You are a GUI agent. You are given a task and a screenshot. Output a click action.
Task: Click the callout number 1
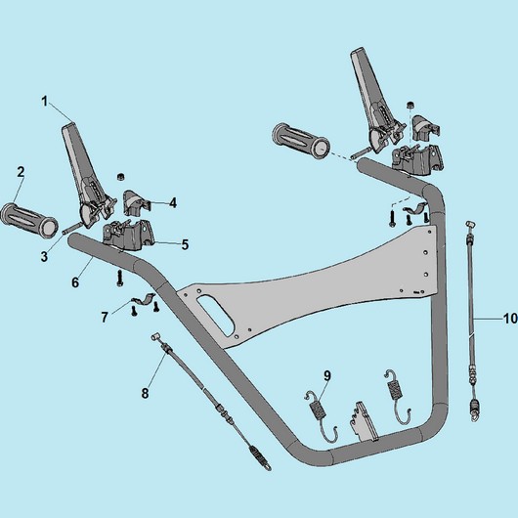[45, 102]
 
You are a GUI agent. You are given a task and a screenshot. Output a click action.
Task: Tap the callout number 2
[21, 172]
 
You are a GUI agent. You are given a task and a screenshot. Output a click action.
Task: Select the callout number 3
[45, 256]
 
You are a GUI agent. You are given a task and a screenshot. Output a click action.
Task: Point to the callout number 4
[173, 203]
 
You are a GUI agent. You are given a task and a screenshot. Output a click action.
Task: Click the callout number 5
[185, 244]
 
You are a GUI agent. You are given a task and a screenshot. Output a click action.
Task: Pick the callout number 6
[75, 282]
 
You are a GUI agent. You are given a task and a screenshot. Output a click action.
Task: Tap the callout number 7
[105, 318]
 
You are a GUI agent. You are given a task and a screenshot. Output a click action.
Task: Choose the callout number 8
[145, 394]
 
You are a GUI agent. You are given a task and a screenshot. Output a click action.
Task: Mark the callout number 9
[327, 375]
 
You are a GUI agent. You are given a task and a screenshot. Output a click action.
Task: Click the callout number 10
[510, 319]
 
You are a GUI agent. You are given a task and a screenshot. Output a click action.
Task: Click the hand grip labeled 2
[29, 221]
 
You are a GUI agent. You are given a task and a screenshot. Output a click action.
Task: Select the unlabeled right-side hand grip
[301, 142]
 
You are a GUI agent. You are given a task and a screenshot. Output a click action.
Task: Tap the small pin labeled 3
[72, 229]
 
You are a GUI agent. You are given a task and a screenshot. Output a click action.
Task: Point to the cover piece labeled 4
[137, 201]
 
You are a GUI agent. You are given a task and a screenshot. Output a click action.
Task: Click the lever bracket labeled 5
[129, 235]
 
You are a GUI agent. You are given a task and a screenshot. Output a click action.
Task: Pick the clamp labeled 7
[143, 298]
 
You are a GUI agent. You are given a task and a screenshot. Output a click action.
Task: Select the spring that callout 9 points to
[322, 417]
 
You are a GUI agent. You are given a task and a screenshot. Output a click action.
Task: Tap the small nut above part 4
[121, 176]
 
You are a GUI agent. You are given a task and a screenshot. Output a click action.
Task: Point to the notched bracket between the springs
[364, 421]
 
